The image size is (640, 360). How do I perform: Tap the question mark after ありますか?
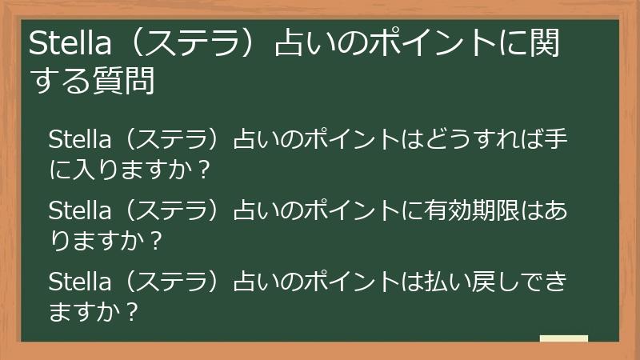pyautogui.click(x=157, y=239)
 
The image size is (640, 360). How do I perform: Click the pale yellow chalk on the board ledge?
pyautogui.click(x=563, y=338)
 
